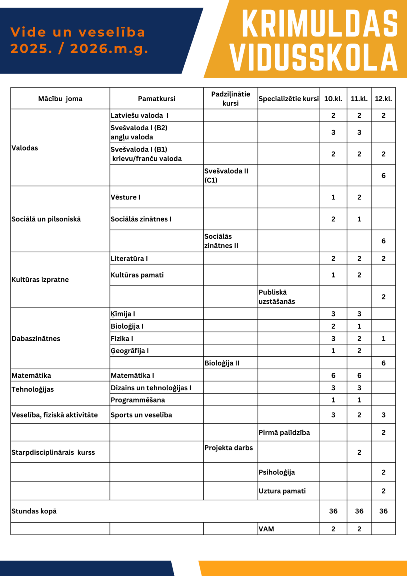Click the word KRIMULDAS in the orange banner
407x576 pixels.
click(320, 24)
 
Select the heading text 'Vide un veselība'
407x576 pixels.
click(78, 32)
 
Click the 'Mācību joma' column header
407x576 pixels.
click(60, 99)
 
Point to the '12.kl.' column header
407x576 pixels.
click(383, 99)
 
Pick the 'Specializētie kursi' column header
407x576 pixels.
click(289, 99)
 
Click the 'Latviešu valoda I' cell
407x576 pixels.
click(140, 116)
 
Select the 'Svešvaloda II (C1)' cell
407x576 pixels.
click(226, 175)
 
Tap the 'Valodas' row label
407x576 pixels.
click(25, 148)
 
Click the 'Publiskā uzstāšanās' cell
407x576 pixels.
click(277, 297)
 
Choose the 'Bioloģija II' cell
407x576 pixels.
click(222, 363)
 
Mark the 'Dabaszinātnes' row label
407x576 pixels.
click(36, 338)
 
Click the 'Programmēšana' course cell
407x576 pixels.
click(138, 400)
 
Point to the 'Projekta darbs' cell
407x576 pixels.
click(229, 448)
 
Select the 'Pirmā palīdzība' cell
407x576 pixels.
click(284, 432)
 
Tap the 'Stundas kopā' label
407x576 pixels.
click(34, 511)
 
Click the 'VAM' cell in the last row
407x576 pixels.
click(266, 529)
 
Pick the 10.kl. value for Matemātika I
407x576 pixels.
click(333, 375)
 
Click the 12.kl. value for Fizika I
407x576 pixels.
click(383, 338)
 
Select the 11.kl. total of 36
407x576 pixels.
click(359, 511)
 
